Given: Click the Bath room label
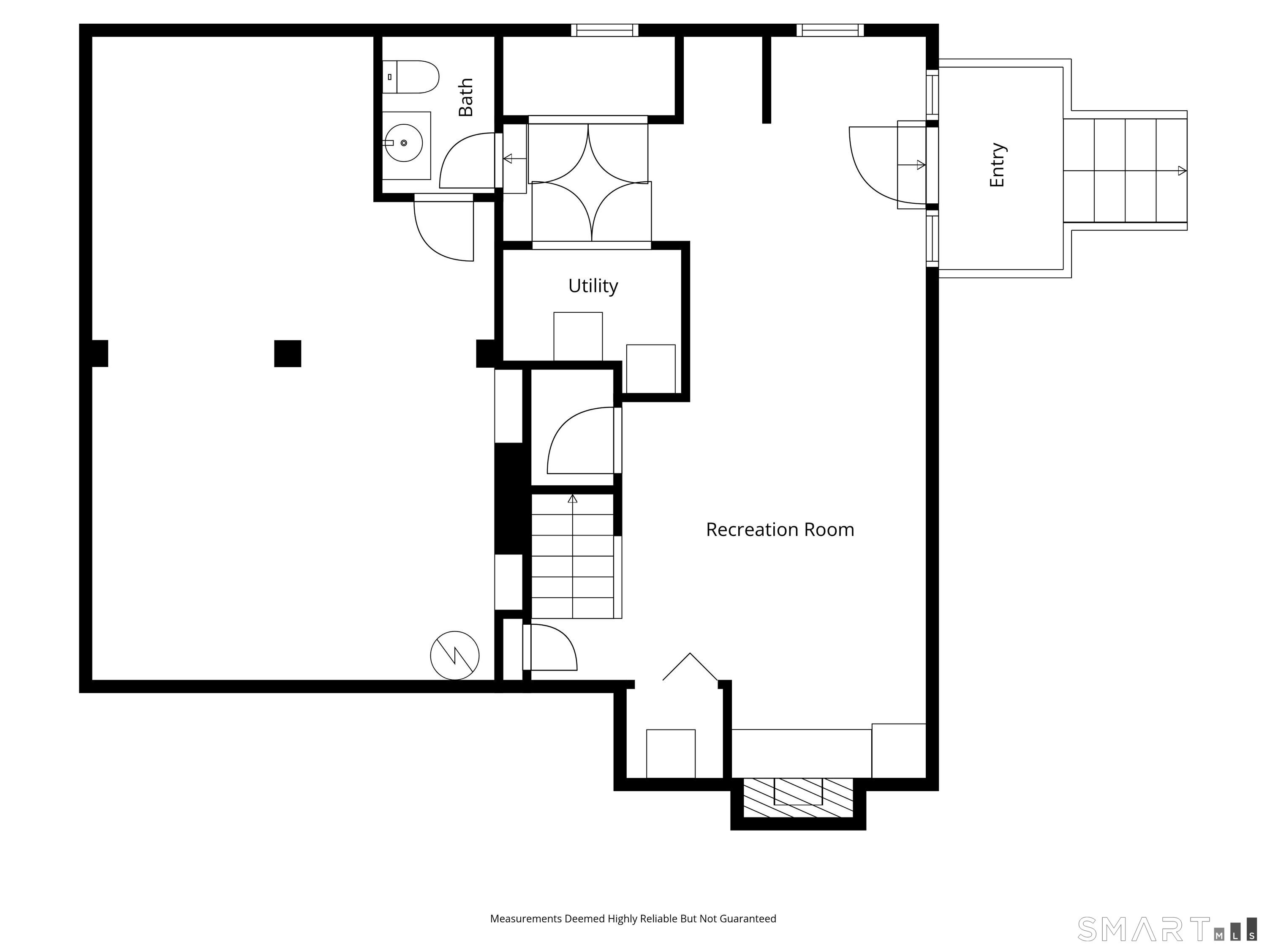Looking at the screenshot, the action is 466,98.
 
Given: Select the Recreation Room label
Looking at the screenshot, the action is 780,529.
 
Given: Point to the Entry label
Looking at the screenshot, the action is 997,165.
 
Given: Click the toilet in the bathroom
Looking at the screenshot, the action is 410,77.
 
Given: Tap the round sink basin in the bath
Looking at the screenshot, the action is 403,143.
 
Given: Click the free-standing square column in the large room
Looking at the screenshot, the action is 288,354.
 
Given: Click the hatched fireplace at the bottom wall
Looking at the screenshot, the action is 798,798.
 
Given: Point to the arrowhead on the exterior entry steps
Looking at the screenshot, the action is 1182,171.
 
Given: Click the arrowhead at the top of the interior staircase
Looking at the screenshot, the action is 572,499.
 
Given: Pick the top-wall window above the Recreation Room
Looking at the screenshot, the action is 830,30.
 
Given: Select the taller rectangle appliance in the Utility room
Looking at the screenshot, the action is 578,336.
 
